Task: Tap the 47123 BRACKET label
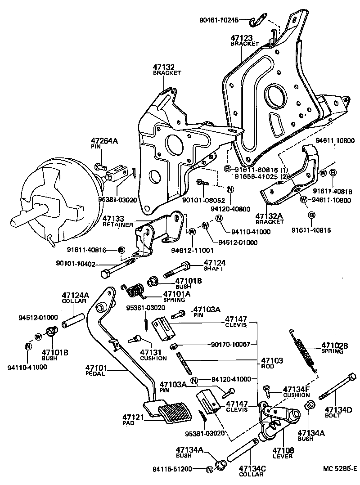coord(245,41)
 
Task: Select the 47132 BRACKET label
coord(166,69)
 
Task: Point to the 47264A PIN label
coord(104,144)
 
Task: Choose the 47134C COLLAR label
coord(252,471)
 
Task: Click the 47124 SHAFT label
coord(214,265)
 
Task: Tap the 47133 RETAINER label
coord(118,221)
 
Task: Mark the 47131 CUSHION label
coord(153,355)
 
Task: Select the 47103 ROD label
coord(272,364)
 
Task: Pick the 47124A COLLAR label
coord(76,298)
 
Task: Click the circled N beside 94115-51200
coord(209,470)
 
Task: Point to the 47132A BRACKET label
coord(269,219)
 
